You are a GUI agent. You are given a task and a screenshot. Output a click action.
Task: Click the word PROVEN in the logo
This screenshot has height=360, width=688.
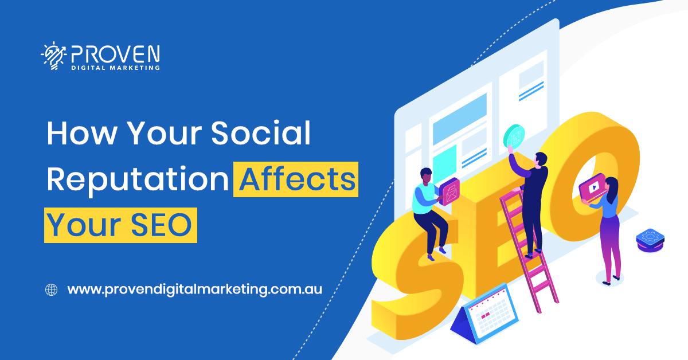(115, 55)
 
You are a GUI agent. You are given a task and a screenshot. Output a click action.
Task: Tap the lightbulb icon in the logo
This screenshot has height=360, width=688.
(53, 57)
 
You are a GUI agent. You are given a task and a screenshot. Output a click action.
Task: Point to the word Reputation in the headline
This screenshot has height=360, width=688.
(138, 179)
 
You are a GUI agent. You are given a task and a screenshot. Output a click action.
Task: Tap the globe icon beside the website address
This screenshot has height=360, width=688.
(52, 289)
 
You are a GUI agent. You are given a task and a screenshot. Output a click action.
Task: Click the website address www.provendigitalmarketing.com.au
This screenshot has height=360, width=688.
(194, 289)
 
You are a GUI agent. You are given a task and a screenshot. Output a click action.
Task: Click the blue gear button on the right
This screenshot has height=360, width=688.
(650, 239)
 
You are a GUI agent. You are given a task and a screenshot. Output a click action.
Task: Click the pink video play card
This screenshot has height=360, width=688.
(593, 187)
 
